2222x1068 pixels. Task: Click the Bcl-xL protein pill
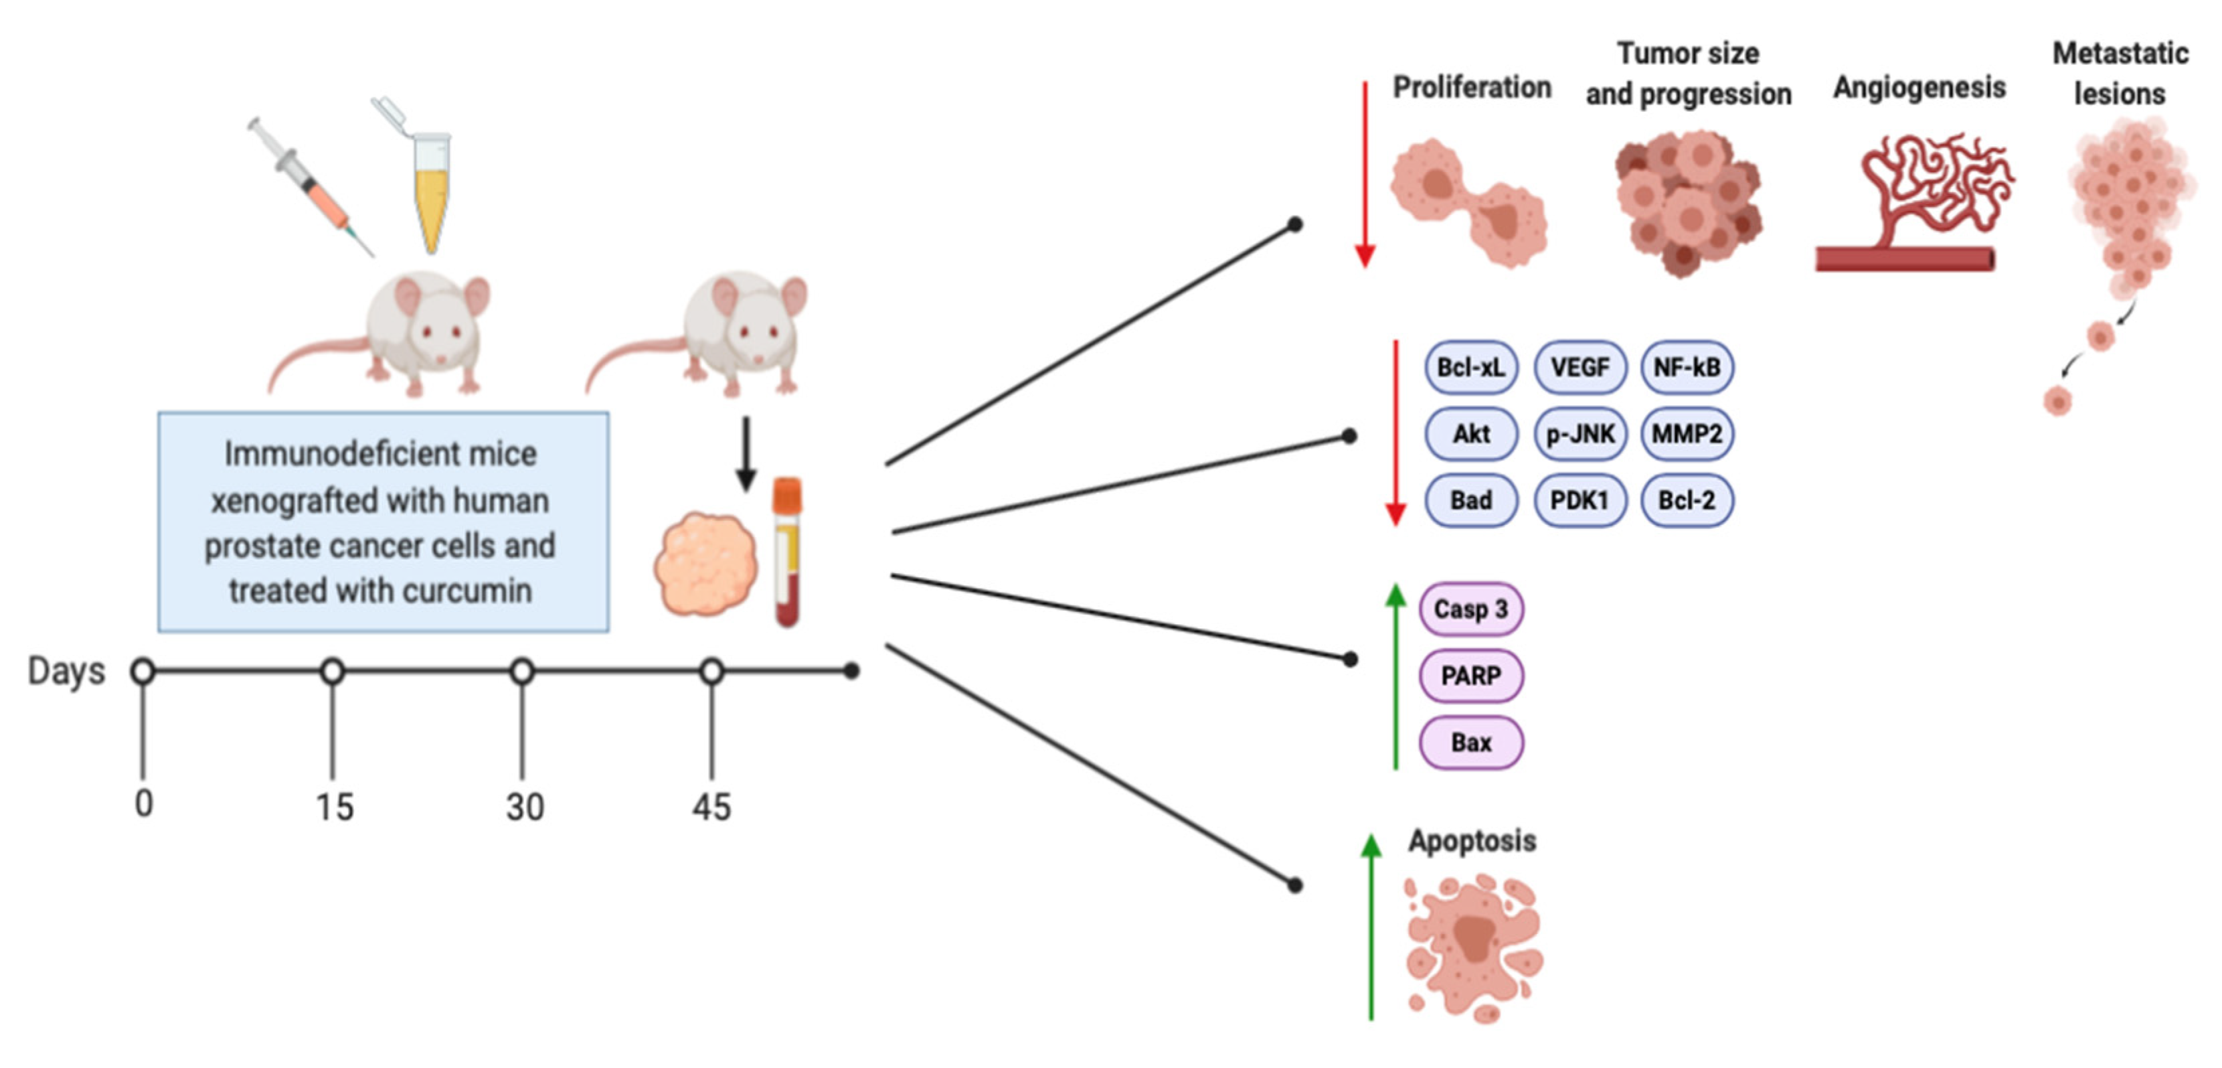point(1470,368)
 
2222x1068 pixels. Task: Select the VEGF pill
point(1579,368)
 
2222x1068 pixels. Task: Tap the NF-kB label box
point(1687,368)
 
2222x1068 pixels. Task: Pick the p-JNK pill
point(1579,434)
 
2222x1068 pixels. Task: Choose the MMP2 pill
point(1687,434)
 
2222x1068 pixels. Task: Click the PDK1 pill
point(1579,500)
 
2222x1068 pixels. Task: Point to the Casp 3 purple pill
point(1470,609)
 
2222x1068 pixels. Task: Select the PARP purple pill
point(1470,676)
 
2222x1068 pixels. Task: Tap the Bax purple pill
point(1470,742)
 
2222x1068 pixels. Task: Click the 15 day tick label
point(334,808)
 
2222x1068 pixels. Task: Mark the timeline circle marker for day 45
point(711,671)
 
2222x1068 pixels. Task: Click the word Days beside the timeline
point(66,671)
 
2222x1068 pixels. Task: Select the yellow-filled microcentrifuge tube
point(429,185)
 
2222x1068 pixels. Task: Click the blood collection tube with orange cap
point(786,552)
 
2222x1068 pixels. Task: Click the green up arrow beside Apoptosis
point(1371,927)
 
